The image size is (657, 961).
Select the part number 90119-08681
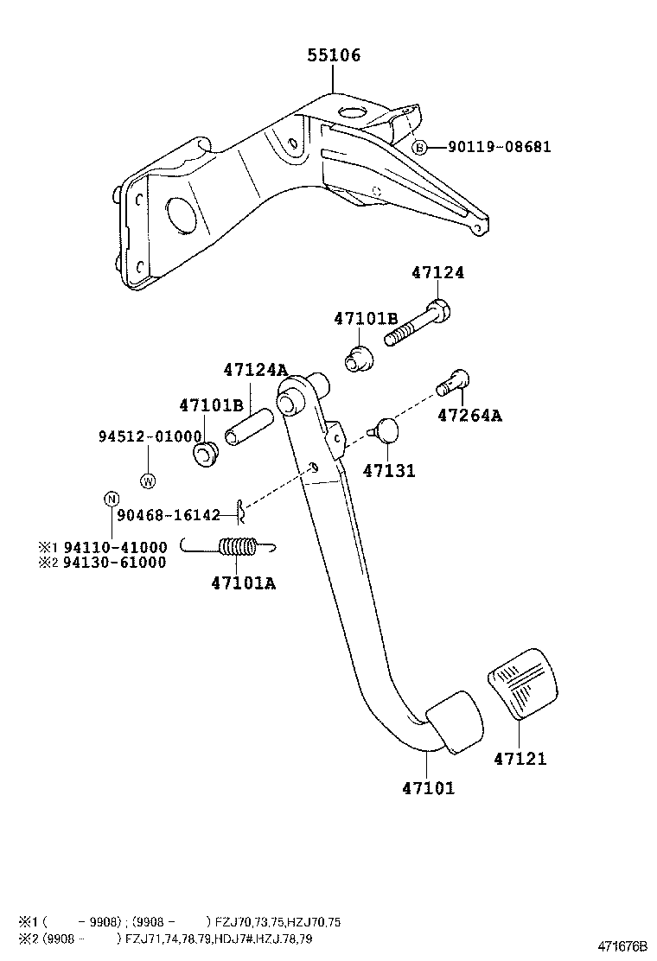click(x=499, y=147)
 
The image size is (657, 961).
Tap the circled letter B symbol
click(x=419, y=148)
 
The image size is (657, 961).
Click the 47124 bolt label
click(x=437, y=272)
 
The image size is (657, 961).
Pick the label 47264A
click(x=469, y=416)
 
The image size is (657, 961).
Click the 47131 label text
click(x=388, y=471)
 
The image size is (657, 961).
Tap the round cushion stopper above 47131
click(x=386, y=430)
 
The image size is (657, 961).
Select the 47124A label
click(x=255, y=370)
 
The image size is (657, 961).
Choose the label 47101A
click(x=243, y=582)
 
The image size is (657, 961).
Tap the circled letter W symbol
click(x=148, y=480)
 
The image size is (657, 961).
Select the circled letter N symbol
click(x=111, y=498)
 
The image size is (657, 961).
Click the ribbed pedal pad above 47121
click(x=522, y=689)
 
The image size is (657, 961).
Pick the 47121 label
click(x=520, y=760)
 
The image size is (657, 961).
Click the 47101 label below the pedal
click(x=428, y=787)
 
